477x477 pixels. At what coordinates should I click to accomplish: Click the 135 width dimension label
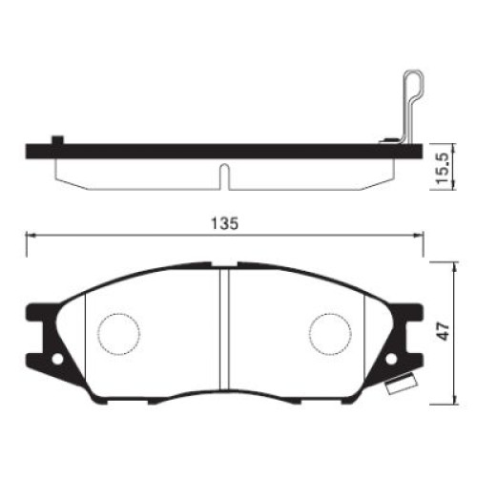pyautogui.click(x=225, y=223)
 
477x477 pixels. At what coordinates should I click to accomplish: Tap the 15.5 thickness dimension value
pyautogui.click(x=443, y=168)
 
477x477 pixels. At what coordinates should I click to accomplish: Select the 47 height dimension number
pyautogui.click(x=443, y=331)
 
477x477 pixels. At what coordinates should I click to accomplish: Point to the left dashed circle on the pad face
pyautogui.click(x=119, y=334)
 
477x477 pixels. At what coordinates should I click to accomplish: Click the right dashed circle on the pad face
pyautogui.click(x=330, y=334)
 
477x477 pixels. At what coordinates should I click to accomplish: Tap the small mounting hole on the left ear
pyautogui.click(x=57, y=360)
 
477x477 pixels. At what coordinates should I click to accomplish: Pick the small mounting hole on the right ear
pyautogui.click(x=391, y=359)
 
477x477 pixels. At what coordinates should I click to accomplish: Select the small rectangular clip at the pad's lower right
pyautogui.click(x=401, y=384)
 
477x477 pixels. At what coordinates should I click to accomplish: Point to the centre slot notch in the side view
pyautogui.click(x=224, y=176)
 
